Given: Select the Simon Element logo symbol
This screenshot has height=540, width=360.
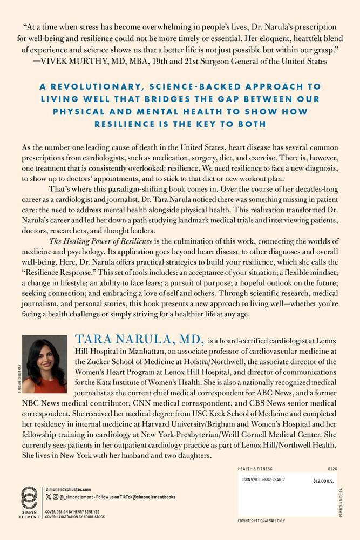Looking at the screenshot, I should [x=29, y=499].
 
